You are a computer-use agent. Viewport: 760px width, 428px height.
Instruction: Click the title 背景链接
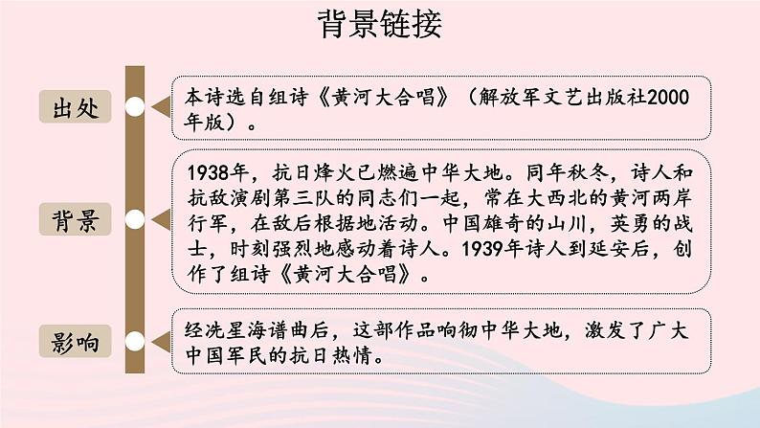pyautogui.click(x=380, y=26)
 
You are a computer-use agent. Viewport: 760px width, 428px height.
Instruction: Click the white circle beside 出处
pyautogui.click(x=136, y=106)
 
